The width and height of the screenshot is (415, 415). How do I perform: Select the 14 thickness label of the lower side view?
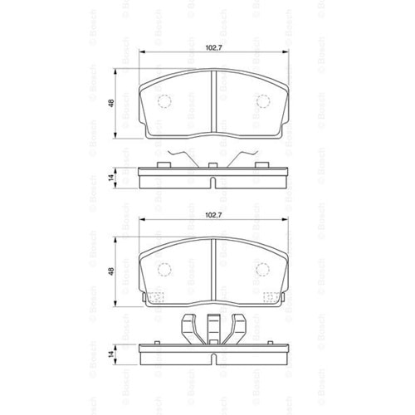point(111,353)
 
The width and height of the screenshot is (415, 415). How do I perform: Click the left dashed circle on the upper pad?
point(164,101)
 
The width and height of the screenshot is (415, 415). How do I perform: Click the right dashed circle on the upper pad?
point(263,101)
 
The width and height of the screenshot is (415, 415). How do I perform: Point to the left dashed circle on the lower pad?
point(164,270)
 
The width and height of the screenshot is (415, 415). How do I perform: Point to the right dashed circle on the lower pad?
point(263,270)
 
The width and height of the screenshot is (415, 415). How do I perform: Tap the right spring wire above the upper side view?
point(242,157)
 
